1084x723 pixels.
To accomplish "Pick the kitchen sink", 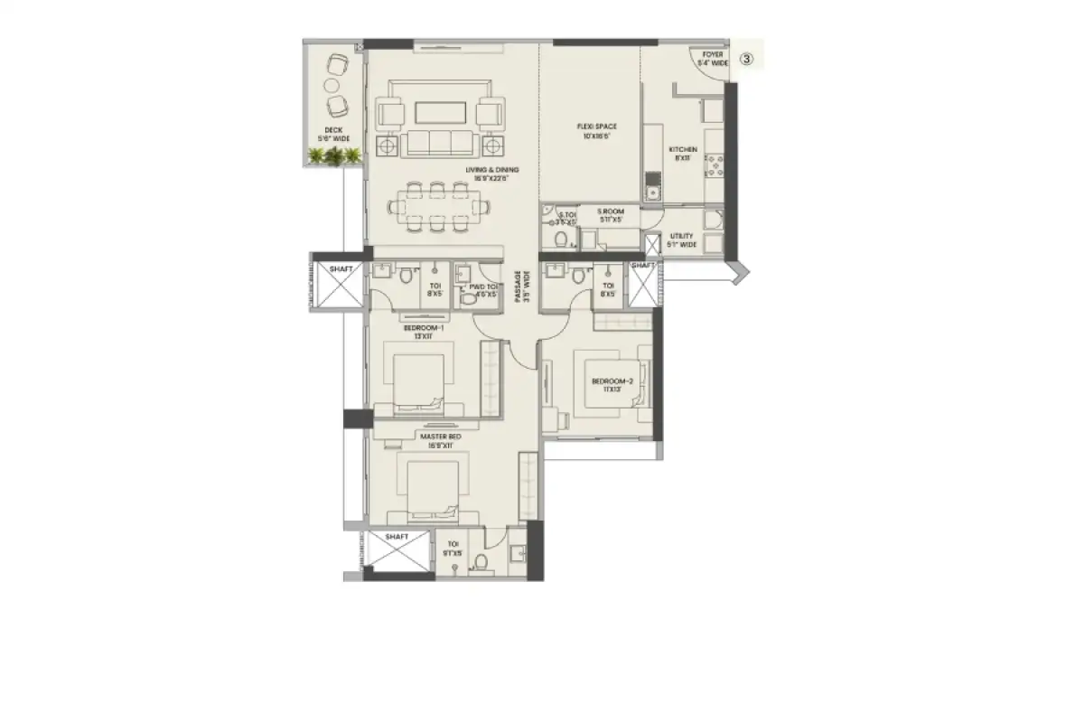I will [651, 191].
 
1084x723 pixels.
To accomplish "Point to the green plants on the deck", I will [334, 156].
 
